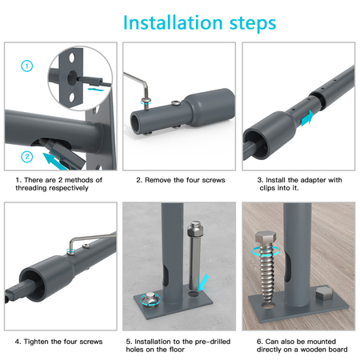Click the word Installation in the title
pos(173,22)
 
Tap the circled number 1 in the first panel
pos(27,66)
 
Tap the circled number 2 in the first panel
pos(27,157)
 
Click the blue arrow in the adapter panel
pos(307,118)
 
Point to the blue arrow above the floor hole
pos(203,282)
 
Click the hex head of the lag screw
pos(266,238)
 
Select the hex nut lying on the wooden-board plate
pos(324,293)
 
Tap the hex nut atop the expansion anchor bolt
pos(195,230)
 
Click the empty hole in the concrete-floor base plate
pos(194,294)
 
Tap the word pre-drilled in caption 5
pos(213,342)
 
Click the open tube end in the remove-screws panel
pos(137,123)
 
